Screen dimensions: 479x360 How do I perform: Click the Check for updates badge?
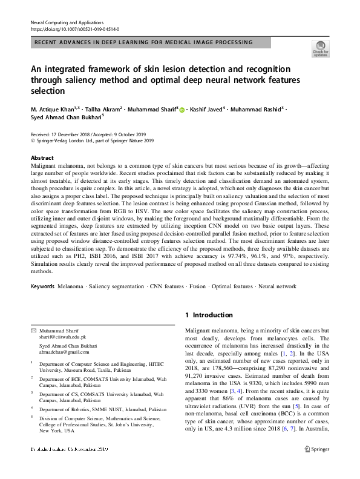pos(320,49)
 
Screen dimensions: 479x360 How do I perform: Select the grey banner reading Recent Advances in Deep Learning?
pos(144,42)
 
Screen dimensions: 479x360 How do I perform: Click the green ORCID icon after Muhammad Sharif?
pos(182,110)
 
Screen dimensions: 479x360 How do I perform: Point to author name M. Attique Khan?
pos(52,110)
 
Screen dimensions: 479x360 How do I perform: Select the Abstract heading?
pos(41,157)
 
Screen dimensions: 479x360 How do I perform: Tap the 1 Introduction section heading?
pos(209,315)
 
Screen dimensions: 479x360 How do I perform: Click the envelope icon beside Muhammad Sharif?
pos(33,330)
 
